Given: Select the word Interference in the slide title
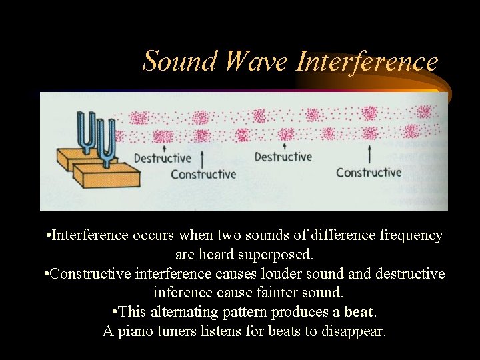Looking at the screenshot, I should pyautogui.click(x=367, y=61).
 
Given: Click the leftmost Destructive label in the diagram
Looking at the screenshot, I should pyautogui.click(x=162, y=158).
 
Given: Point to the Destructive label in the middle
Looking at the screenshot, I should pyautogui.click(x=283, y=157).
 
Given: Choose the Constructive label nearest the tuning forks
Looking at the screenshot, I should pyautogui.click(x=203, y=174).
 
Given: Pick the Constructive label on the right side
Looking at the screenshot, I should pyautogui.click(x=369, y=172).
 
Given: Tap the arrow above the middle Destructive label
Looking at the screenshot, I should pyautogui.click(x=285, y=146).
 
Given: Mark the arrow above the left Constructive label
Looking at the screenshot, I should pyautogui.click(x=201, y=159).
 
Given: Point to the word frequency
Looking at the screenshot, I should pyautogui.click(x=411, y=235).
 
